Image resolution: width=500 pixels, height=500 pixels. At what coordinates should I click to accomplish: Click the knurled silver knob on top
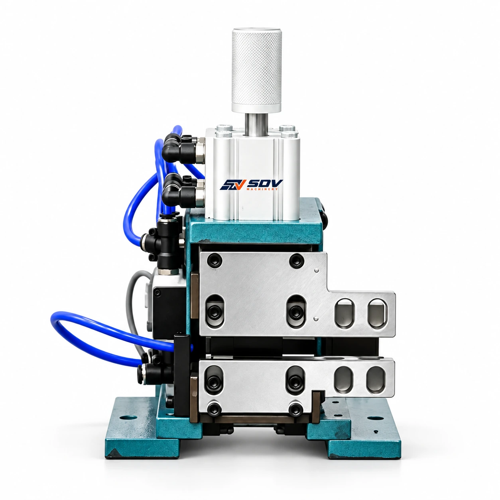tap(256, 70)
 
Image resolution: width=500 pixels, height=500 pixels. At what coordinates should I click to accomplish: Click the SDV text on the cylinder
tap(265, 183)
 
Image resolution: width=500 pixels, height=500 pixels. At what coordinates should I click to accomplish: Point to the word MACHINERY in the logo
tap(262, 189)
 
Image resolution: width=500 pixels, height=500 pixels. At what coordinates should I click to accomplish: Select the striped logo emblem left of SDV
tap(233, 185)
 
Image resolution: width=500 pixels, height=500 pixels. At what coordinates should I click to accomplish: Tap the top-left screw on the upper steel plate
tap(215, 260)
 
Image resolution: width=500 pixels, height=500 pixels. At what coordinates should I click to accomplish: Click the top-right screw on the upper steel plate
tap(296, 261)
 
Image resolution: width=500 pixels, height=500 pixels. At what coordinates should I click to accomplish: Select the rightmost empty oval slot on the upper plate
tap(378, 314)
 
